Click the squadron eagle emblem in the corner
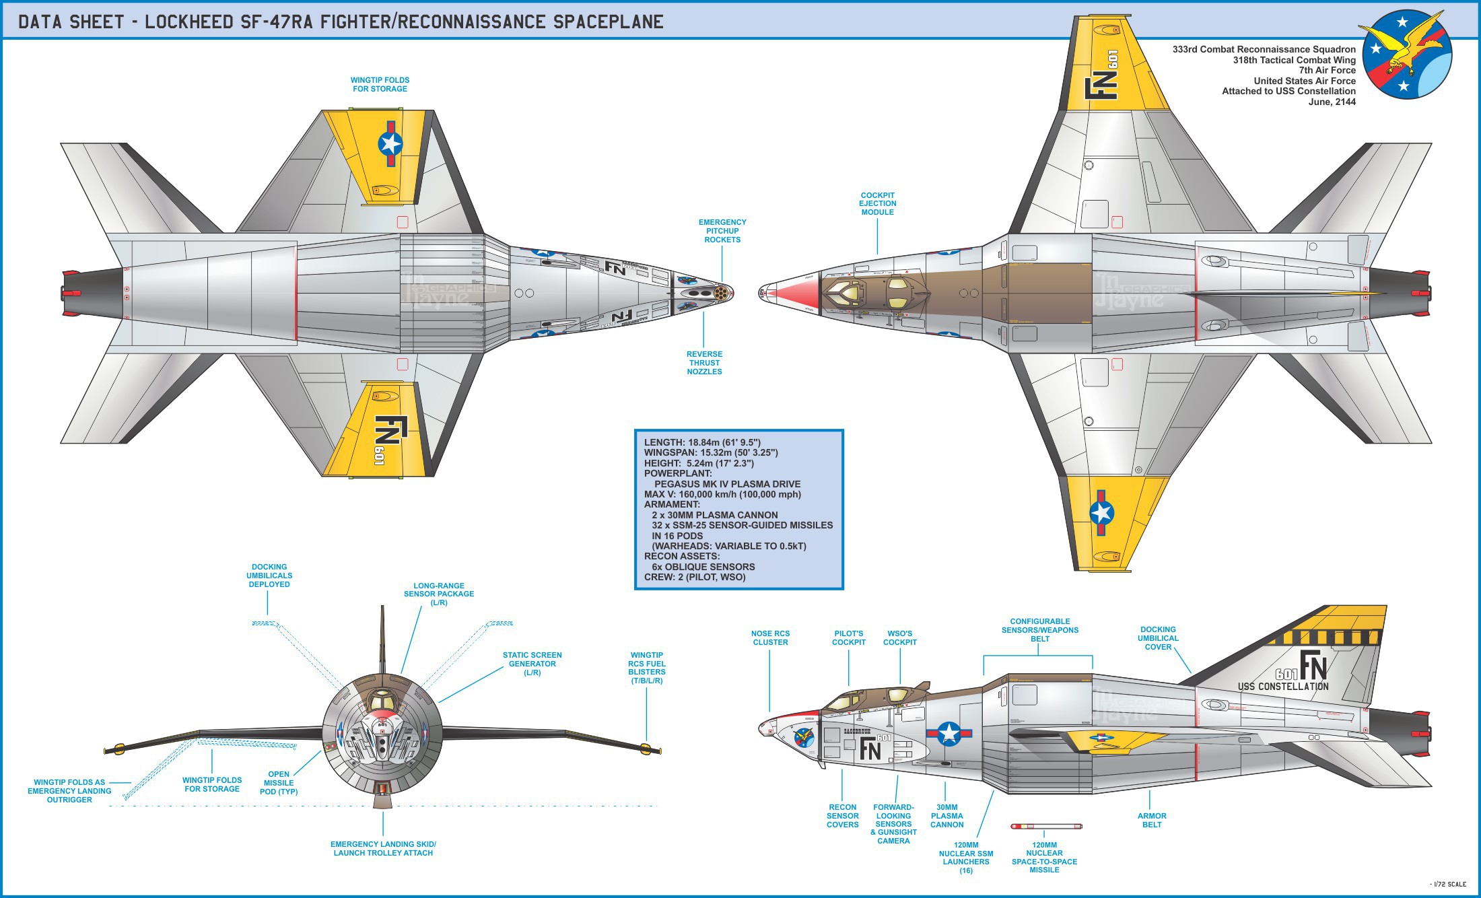pos(1407,55)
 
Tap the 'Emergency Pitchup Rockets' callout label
pos(722,231)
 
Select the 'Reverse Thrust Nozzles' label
pos(704,363)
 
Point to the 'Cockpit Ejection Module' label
pos(877,203)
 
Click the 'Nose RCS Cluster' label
pos(770,637)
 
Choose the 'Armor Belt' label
pos(1152,820)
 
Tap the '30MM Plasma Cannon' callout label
pos(947,816)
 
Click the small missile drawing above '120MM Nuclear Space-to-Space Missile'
pos(1046,826)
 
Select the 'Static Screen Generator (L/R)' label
pos(532,664)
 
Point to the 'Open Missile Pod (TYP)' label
pos(279,783)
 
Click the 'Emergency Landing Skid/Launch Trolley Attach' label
pos(383,848)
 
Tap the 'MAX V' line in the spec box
pos(722,494)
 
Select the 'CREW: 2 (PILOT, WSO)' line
pos(695,577)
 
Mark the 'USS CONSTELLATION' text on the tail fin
pos(1283,687)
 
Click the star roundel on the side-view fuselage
pos(949,734)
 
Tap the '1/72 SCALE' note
pos(1448,884)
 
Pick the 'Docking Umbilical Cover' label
pos(1158,638)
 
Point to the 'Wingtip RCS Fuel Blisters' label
pos(647,668)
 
